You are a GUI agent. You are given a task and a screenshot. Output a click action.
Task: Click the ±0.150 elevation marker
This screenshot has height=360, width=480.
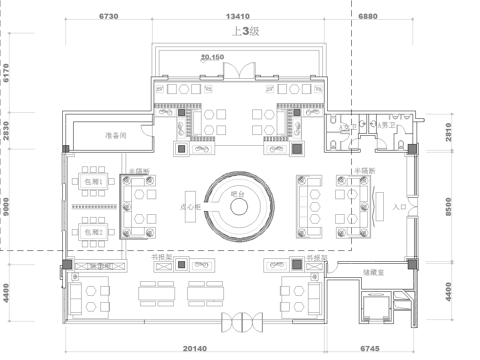[211, 59]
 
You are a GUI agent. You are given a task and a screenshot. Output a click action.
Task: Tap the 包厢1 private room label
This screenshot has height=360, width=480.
[94, 182]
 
